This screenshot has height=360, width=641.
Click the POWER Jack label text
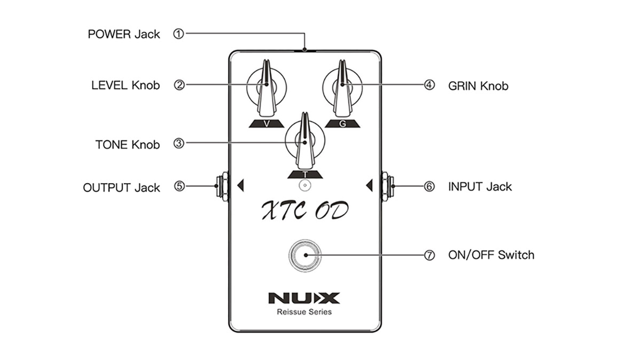point(124,34)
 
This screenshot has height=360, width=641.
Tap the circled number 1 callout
point(179,34)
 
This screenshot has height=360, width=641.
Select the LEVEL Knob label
point(126,85)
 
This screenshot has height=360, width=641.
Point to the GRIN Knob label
point(478,85)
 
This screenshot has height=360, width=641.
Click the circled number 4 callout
point(429,85)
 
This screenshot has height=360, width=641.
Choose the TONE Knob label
point(127,144)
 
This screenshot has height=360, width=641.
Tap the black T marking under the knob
point(304,174)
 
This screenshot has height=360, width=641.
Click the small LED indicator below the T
point(304,185)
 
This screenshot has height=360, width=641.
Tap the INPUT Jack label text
point(480,186)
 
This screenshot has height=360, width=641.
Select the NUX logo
point(303,298)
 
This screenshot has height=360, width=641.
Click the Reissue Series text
point(304,312)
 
